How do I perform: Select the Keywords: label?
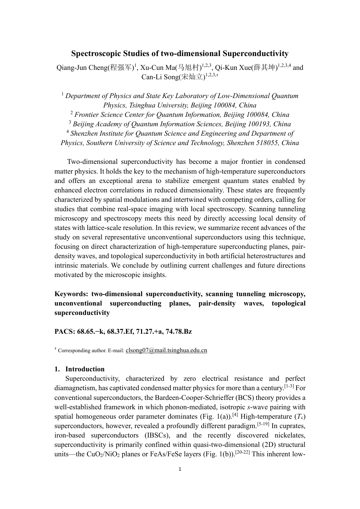pos(71,294)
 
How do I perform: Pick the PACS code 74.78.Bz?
pos(179,332)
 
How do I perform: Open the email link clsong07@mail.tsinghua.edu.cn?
pos(166,350)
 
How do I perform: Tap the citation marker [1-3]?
pos(289,386)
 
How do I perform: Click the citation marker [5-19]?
pos(263,424)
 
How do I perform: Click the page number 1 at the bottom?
pos(180,469)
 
